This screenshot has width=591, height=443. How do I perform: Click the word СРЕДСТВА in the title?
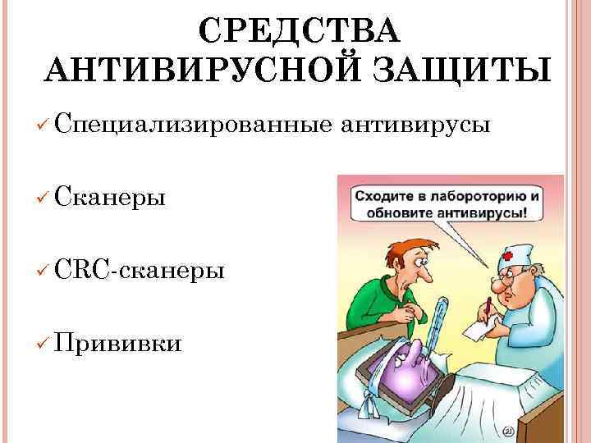click(x=299, y=30)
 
